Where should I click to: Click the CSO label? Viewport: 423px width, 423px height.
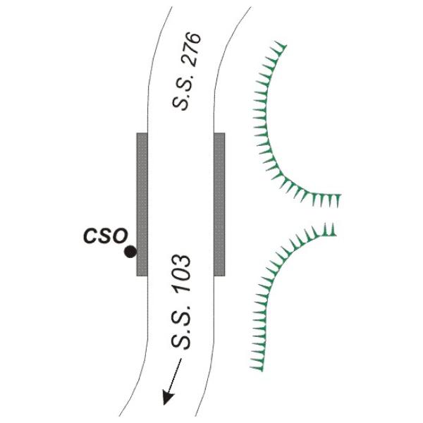click(106, 235)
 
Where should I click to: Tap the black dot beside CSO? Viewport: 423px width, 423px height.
click(130, 252)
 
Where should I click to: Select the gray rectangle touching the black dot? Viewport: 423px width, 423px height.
click(142, 204)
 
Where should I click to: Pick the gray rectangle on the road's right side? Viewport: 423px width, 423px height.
click(219, 204)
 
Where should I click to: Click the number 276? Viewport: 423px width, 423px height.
click(192, 49)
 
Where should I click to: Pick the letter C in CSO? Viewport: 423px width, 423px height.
click(90, 236)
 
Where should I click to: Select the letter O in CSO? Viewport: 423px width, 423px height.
click(120, 235)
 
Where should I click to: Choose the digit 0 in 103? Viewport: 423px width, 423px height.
click(182, 275)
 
